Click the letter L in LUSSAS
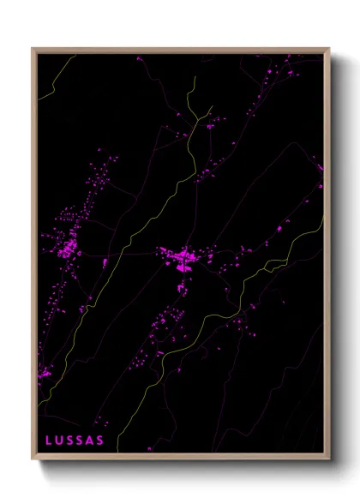(50, 441)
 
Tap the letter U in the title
(61, 441)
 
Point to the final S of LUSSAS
(101, 441)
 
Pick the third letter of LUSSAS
(71, 441)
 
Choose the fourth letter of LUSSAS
(81, 441)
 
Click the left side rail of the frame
(33, 257)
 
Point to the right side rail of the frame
(328, 257)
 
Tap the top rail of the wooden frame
(180, 49)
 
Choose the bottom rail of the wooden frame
(180, 459)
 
